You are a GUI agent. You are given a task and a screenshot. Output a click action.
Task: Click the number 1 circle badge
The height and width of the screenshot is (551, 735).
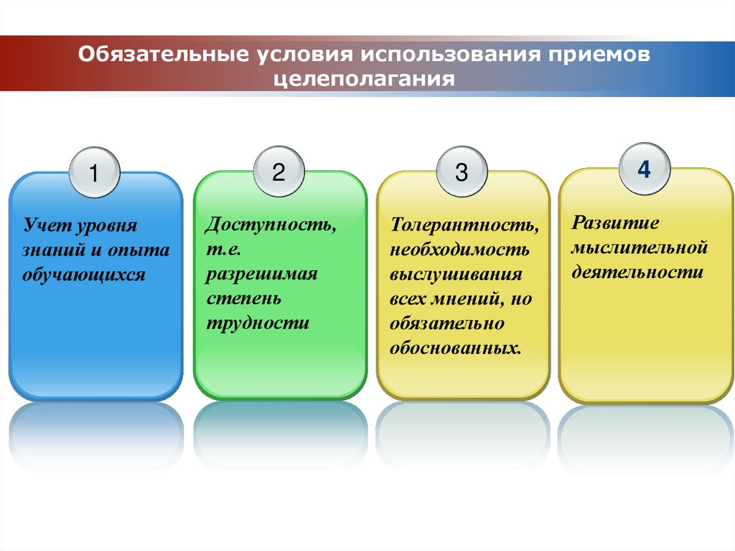[94, 174]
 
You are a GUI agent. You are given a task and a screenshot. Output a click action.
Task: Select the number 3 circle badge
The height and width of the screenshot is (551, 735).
[462, 172]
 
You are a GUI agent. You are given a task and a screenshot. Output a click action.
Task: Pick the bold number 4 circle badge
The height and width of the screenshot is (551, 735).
[645, 170]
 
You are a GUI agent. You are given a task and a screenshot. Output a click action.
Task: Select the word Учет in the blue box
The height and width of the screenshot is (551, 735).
[43, 226]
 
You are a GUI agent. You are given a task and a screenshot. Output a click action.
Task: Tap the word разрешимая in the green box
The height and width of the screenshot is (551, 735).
[261, 274]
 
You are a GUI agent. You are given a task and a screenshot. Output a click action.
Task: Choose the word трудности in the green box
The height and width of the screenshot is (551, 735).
[258, 323]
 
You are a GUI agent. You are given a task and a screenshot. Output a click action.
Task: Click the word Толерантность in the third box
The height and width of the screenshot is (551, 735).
[464, 226]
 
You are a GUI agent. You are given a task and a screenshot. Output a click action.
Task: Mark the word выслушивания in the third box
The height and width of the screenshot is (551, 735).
[456, 274]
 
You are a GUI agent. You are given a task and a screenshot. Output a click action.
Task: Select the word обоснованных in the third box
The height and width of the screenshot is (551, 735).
[454, 348]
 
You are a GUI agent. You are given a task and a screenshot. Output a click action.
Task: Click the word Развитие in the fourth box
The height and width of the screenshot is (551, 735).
[615, 223]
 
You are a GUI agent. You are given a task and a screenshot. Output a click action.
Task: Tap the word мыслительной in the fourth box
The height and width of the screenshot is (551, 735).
[640, 248]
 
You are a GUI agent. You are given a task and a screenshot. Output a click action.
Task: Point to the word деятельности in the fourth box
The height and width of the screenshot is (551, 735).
[637, 273]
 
